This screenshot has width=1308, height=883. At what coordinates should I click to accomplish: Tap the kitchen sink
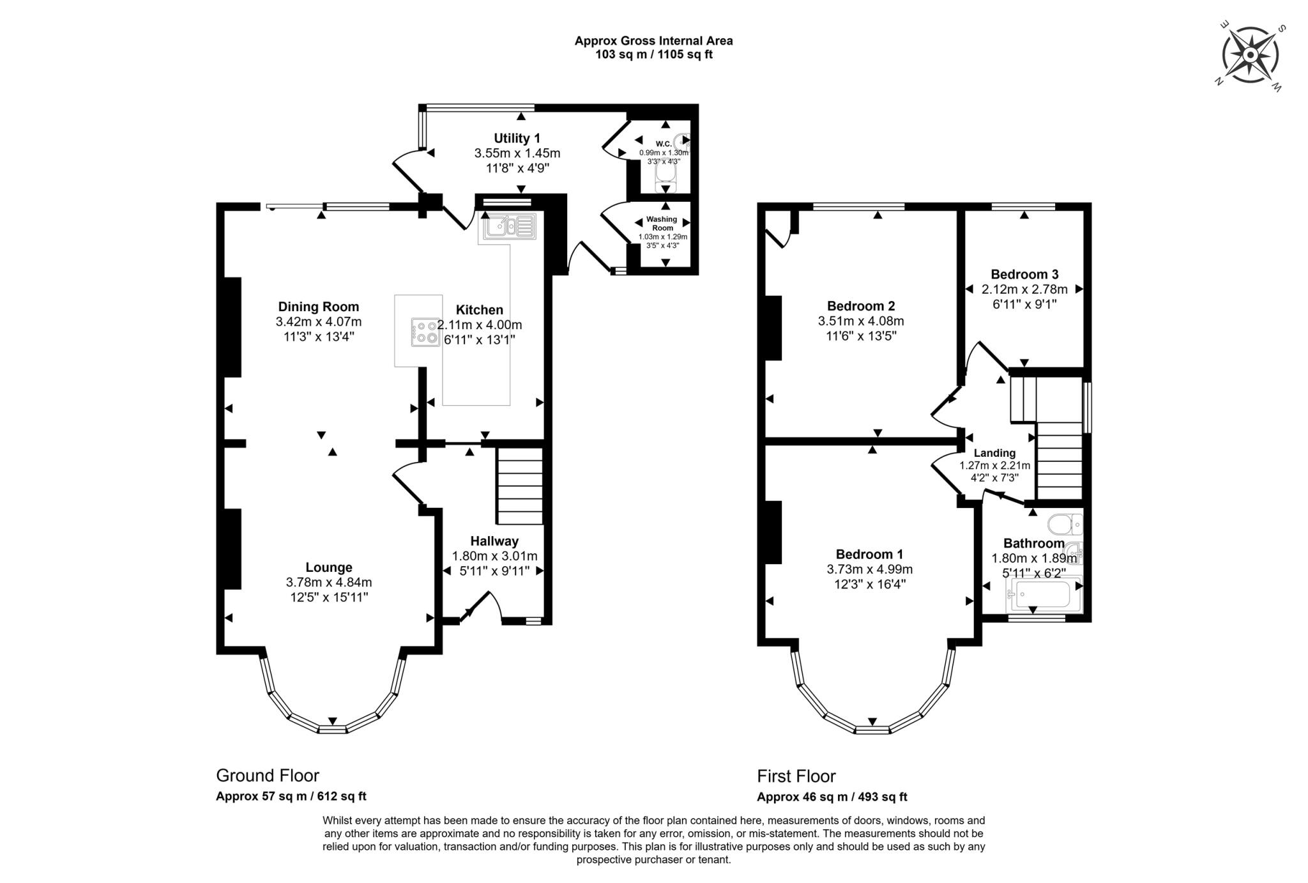[x=509, y=227]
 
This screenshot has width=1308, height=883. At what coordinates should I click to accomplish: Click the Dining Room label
[x=319, y=307]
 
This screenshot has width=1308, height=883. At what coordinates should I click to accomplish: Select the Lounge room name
[x=329, y=567]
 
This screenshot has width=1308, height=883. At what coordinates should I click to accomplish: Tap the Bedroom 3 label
[x=1024, y=274]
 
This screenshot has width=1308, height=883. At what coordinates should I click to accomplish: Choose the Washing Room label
[x=662, y=223]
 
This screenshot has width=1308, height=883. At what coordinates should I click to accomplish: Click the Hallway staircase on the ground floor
[x=520, y=486]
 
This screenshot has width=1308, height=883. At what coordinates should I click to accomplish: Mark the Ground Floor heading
[x=268, y=776]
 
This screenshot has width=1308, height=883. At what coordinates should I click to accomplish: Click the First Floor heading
[x=796, y=776]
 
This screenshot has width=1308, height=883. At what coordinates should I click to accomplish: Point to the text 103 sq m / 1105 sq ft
[x=654, y=54]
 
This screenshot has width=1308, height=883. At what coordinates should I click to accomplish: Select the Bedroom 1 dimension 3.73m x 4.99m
[x=870, y=569]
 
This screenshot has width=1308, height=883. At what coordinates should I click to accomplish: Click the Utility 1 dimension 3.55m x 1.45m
[x=517, y=153]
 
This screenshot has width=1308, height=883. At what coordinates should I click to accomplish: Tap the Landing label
[x=994, y=453]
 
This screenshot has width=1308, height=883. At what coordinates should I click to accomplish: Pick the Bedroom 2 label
[x=861, y=305]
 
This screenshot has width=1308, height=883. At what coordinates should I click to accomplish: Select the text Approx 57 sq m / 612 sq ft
[x=291, y=797]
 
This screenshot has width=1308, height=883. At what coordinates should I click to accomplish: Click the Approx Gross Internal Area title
[x=654, y=41]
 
